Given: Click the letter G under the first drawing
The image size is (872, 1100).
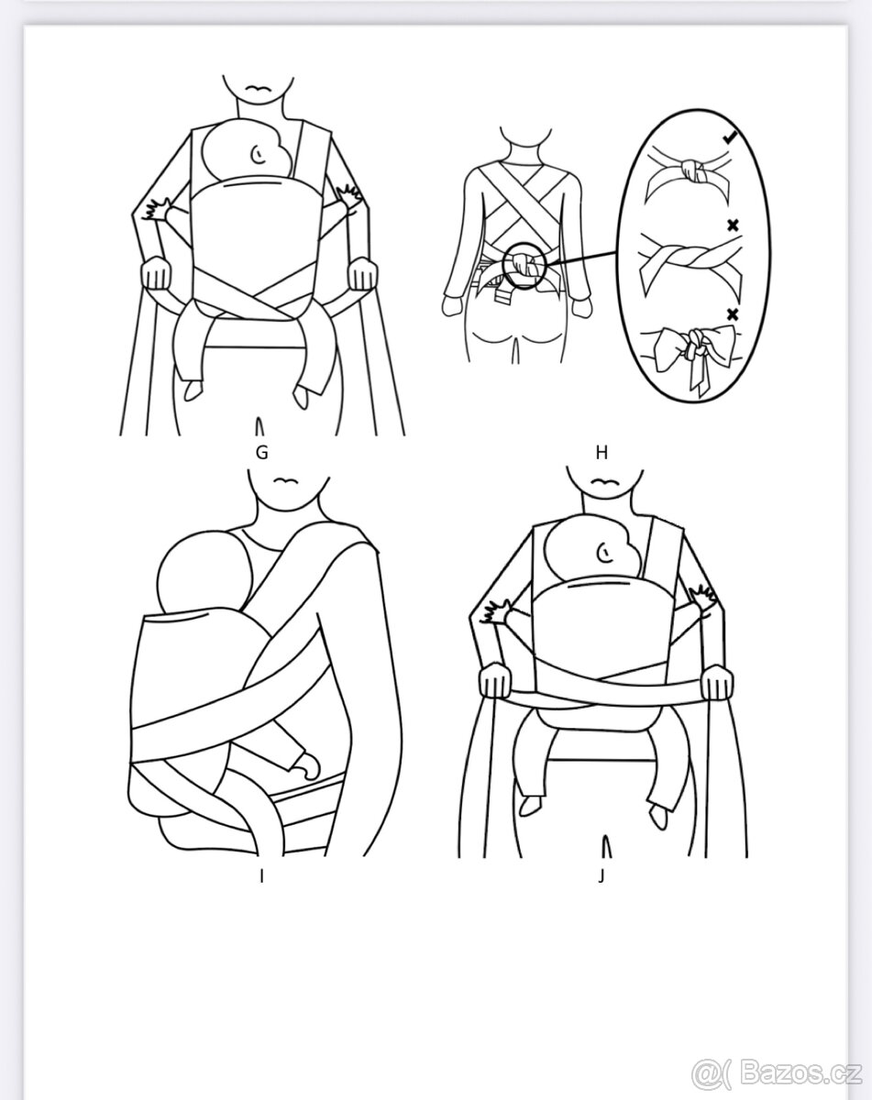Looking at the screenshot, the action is pyautogui.click(x=261, y=452).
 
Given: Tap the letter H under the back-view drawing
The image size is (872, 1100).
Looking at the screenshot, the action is pyautogui.click(x=602, y=452).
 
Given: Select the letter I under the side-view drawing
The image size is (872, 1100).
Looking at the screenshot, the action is pyautogui.click(x=261, y=876).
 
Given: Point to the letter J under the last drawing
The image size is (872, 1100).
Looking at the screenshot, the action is pyautogui.click(x=601, y=876).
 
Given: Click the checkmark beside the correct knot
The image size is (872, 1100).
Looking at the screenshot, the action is pyautogui.click(x=730, y=137).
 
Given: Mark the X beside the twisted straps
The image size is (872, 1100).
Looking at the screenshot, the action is pyautogui.click(x=733, y=225).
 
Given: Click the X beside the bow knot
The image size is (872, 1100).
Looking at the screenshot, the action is pyautogui.click(x=733, y=313).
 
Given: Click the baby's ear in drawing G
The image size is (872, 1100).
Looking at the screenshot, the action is pyautogui.click(x=259, y=153).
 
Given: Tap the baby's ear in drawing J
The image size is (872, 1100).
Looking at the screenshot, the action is pyautogui.click(x=605, y=553).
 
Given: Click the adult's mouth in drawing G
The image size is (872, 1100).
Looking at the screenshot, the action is pyautogui.click(x=259, y=88).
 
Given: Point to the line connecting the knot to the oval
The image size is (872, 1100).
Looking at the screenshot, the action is pyautogui.click(x=583, y=258).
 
